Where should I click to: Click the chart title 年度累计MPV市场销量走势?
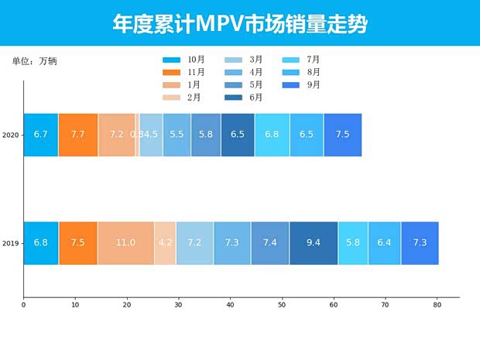click(239, 24)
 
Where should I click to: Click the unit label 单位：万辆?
click(35, 61)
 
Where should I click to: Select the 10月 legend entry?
click(183, 60)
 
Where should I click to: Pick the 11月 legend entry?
click(183, 72)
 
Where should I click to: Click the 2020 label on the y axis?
click(11, 135)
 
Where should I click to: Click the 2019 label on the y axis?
click(11, 243)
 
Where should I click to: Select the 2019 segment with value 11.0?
click(125, 243)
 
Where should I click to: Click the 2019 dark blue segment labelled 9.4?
click(314, 243)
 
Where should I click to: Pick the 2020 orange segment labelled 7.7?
click(78, 135)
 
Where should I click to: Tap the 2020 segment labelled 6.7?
click(41, 135)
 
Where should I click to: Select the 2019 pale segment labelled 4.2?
click(165, 243)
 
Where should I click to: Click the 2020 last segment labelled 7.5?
click(342, 135)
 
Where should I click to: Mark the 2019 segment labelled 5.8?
click(353, 243)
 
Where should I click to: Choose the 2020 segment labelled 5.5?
click(177, 135)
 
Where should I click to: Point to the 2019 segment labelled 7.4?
click(270, 243)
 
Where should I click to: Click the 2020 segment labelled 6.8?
click(272, 135)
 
